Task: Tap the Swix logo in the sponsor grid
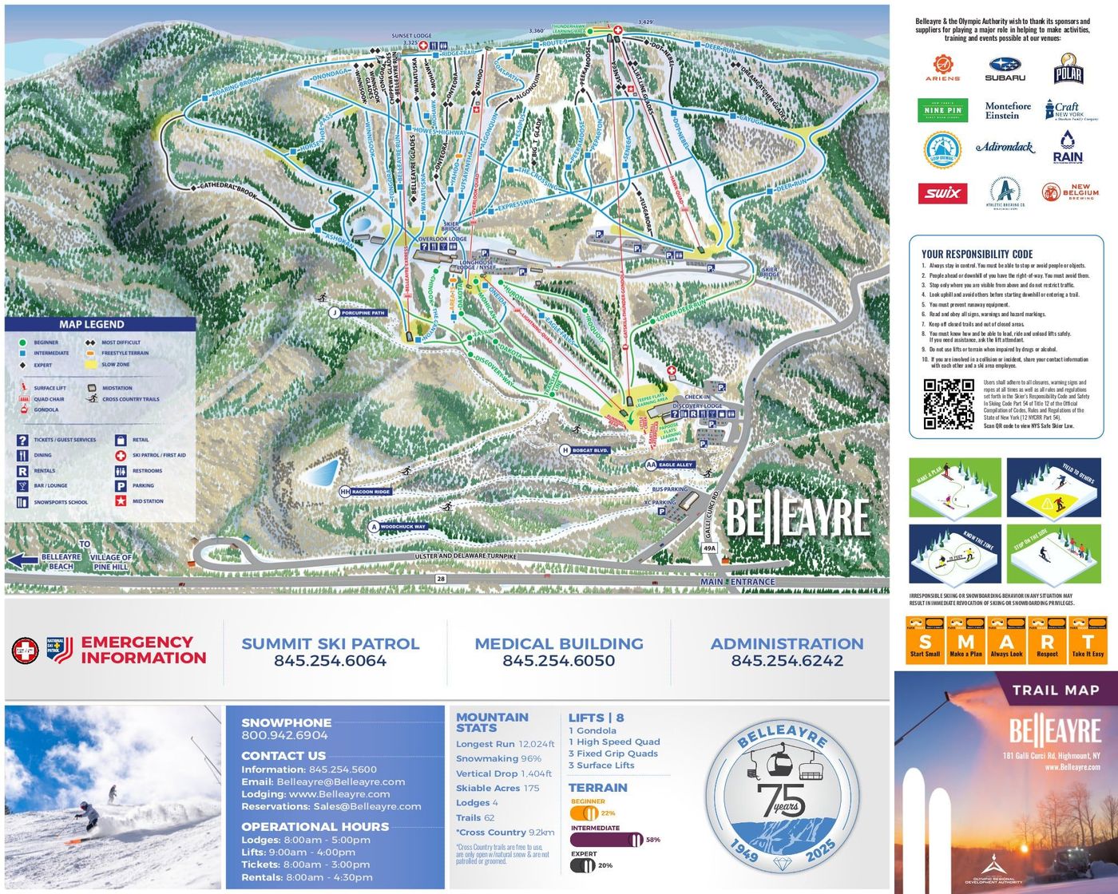(x=943, y=193)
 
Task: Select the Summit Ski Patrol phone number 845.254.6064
(x=330, y=661)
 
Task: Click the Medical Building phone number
(x=558, y=661)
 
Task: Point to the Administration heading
(x=787, y=643)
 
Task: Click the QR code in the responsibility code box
(x=949, y=405)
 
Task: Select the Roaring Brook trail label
(x=236, y=86)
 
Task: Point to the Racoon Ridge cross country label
(x=371, y=492)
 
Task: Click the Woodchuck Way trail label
(x=402, y=527)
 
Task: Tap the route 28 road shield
(x=440, y=578)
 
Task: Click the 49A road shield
(x=709, y=548)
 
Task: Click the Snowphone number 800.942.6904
(x=284, y=735)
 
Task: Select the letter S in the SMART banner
(x=925, y=641)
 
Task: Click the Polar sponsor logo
(x=1068, y=70)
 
